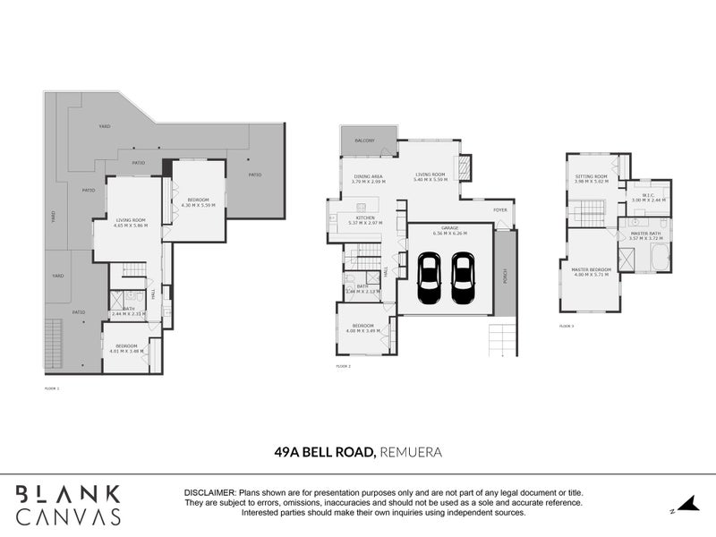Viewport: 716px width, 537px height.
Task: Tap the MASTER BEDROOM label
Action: pos(592,269)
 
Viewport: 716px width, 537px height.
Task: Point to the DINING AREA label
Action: pos(369,176)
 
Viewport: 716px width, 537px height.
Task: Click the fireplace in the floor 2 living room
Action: pos(464,167)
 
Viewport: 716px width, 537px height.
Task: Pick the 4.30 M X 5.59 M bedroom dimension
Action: pos(199,205)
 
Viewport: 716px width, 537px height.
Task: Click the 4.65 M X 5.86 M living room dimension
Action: pos(130,226)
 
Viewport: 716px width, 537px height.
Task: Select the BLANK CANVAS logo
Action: pos(68,505)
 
